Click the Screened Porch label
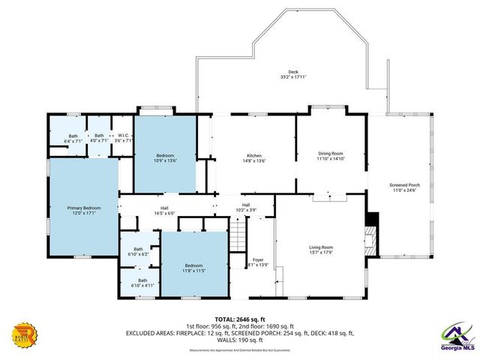coord(404,187)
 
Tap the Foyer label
coord(258,260)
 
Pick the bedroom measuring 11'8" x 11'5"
coord(194,268)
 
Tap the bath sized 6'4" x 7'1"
coord(73,138)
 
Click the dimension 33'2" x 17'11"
coord(292,76)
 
